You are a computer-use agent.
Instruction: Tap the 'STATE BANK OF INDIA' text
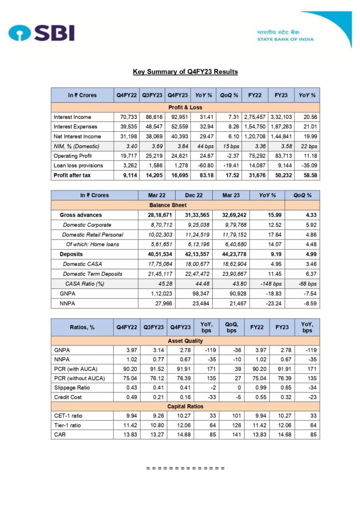coord(285,39)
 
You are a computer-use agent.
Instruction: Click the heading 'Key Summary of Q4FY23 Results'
coord(185,72)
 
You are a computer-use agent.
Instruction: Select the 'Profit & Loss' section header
coord(185,107)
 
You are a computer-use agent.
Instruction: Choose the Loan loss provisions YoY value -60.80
coord(205,165)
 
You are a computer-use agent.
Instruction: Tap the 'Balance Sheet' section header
coord(168,205)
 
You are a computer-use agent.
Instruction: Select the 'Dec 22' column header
coord(193,195)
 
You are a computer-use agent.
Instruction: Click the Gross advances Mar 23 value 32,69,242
coord(231,215)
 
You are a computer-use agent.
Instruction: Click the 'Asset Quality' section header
coord(185,341)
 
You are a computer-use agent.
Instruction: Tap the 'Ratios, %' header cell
coord(82,328)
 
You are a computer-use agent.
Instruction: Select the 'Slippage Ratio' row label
coord(72,388)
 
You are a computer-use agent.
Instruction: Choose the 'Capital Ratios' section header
coord(185,406)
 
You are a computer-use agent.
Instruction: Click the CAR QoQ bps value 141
coord(231,434)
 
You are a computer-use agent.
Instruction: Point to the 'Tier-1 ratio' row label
coord(69,425)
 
